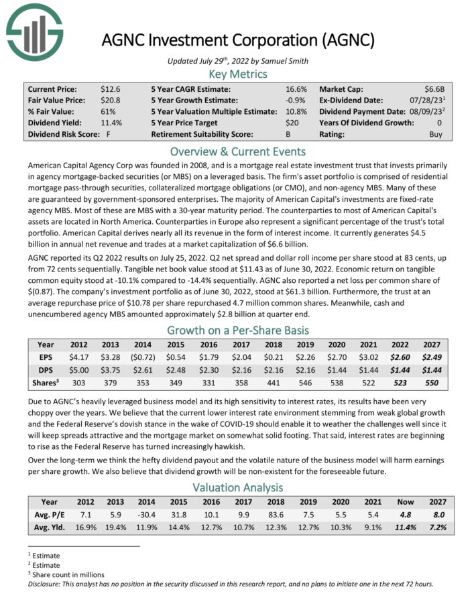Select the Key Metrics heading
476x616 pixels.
[237, 74]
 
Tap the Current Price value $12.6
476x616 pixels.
[110, 88]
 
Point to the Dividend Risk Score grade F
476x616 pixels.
[108, 134]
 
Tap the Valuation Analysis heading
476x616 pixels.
[237, 487]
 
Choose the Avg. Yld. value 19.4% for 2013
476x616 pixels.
[113, 528]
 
